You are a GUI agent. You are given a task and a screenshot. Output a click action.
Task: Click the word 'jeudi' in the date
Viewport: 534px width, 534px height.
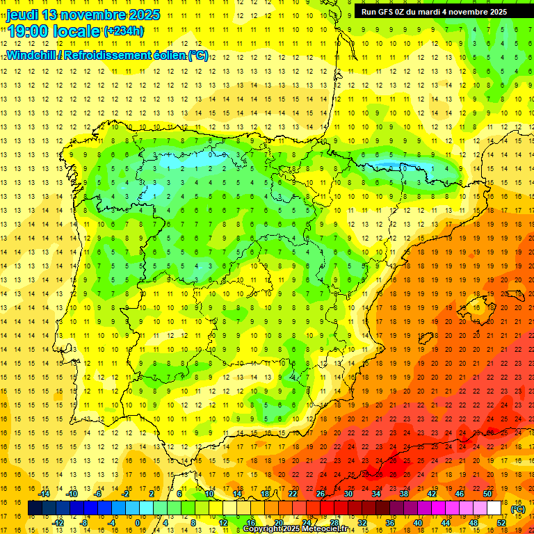(22, 15)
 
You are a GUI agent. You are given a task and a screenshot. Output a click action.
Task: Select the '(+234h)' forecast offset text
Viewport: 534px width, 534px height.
(124, 31)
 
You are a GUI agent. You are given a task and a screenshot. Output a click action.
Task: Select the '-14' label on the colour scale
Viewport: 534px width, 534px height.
(44, 494)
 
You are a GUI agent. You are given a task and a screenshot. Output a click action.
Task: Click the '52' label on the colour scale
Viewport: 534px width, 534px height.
(501, 523)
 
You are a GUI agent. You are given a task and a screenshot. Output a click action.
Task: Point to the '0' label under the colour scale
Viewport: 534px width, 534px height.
(137, 523)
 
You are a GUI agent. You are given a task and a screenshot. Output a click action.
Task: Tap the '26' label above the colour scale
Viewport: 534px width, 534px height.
(321, 494)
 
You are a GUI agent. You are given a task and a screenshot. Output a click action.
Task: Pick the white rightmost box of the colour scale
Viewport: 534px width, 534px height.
(494, 508)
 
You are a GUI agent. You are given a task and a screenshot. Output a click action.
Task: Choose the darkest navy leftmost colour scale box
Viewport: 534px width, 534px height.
(35, 508)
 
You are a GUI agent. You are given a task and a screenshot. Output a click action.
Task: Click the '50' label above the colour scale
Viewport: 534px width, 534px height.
(487, 494)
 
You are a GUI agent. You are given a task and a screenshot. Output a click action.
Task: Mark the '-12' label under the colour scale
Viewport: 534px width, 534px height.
(58, 523)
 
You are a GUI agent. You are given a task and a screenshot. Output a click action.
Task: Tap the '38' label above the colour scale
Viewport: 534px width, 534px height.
(404, 494)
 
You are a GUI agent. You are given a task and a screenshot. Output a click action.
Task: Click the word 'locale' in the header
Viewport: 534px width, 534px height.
(74, 31)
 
